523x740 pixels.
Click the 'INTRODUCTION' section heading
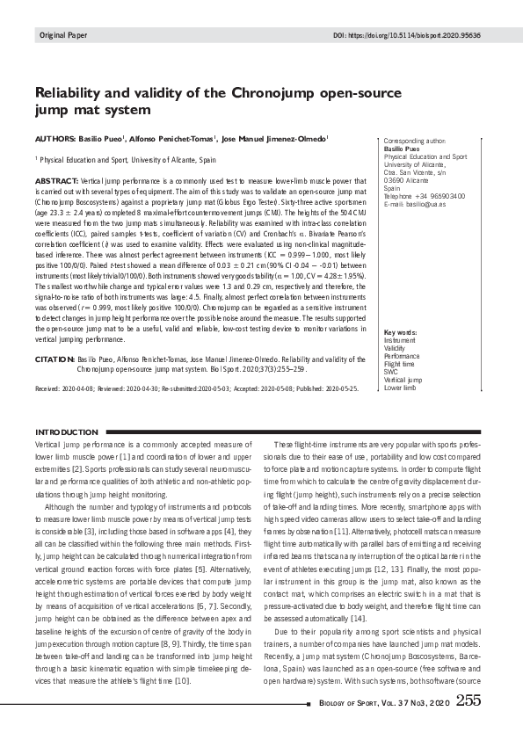66,432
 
